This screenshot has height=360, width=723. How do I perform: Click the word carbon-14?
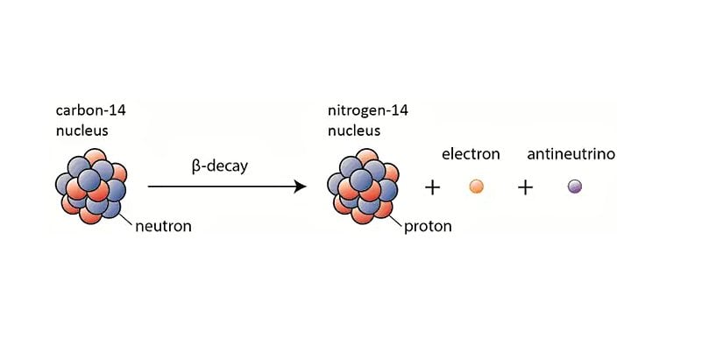coord(91,110)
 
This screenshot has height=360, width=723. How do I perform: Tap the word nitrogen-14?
coord(368,111)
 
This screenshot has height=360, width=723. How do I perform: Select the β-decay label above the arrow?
coord(219,166)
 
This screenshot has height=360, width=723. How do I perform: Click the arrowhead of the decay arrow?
coord(301,187)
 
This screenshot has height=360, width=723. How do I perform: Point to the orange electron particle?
coord(477,187)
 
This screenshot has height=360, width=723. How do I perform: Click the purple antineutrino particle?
coord(574,187)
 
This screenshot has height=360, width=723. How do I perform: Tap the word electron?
coord(471,154)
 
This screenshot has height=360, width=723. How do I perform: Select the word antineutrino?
coord(571,154)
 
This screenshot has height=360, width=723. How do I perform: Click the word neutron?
coord(163,226)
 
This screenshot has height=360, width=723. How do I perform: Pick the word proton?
coord(428,227)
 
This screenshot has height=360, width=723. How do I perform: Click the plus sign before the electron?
coord(432,187)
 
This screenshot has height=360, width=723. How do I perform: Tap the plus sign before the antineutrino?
coord(525,187)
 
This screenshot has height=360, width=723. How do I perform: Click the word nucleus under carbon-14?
coord(82,131)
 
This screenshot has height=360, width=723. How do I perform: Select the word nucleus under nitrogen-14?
coord(354,131)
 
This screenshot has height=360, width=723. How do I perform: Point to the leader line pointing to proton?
coord(395,221)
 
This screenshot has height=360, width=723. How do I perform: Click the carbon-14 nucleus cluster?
coord(91,187)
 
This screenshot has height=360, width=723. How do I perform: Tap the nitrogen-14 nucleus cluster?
coord(363,187)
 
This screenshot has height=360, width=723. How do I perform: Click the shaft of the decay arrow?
coord(222,187)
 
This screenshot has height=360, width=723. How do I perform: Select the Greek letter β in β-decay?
coord(195,167)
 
